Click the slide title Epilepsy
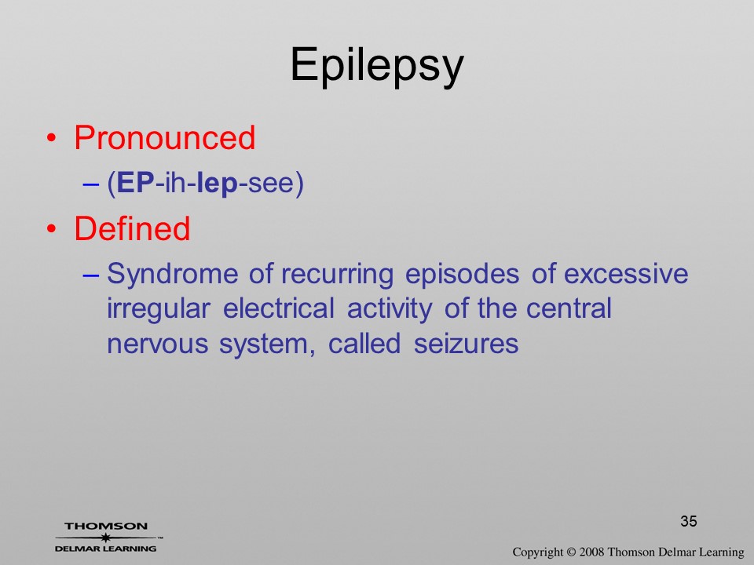(377, 66)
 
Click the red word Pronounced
(164, 138)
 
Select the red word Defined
(132, 228)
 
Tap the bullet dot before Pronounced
(52, 138)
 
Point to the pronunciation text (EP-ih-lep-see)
(205, 183)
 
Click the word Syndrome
(173, 275)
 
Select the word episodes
(462, 275)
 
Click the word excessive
(626, 274)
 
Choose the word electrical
(278, 308)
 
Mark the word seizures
(466, 344)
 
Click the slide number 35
(689, 521)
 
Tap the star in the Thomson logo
(105, 538)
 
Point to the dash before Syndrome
(91, 275)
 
